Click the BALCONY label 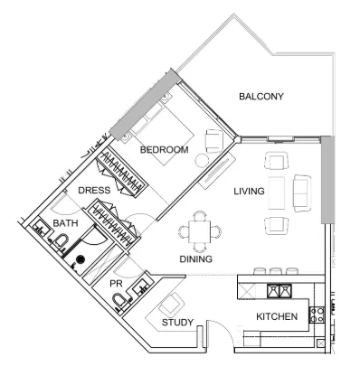[261, 97]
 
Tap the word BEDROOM [164, 149]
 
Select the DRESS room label [94, 191]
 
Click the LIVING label [249, 192]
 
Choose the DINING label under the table [195, 259]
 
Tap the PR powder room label [116, 284]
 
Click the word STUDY [176, 323]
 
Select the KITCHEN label [277, 318]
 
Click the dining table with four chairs [196, 232]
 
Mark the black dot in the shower [80, 260]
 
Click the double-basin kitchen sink [278, 290]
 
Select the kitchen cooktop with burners [317, 315]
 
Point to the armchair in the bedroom [214, 140]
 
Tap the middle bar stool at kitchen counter [274, 270]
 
